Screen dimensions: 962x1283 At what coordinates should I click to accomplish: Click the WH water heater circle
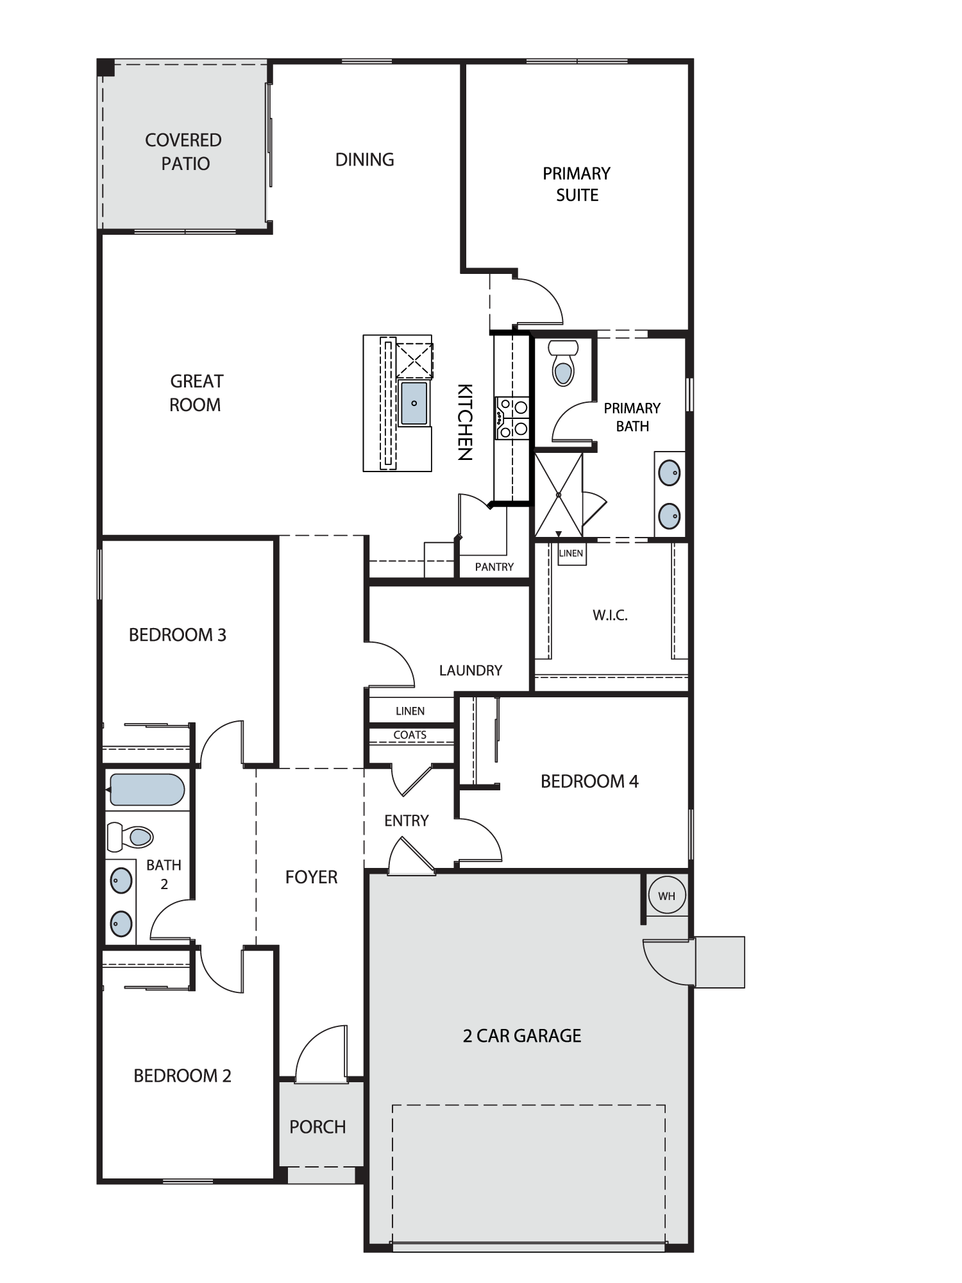[666, 896]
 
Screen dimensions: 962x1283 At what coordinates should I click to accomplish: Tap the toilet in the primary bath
[563, 363]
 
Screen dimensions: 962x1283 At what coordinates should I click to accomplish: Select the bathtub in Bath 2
[148, 790]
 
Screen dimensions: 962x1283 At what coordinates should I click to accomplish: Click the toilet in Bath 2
[130, 836]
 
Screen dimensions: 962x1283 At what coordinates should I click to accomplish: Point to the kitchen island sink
[414, 403]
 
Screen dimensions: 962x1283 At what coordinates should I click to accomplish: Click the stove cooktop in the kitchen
[512, 418]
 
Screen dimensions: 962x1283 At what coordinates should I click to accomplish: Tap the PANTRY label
[494, 567]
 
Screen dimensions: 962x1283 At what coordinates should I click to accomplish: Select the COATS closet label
[410, 735]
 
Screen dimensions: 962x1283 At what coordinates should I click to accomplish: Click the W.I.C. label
[610, 615]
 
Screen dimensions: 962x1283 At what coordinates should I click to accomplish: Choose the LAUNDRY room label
[471, 670]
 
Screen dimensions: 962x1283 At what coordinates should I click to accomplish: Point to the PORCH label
[317, 1127]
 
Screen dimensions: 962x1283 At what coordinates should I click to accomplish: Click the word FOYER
[311, 877]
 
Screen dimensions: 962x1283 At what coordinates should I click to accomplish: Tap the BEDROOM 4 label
[589, 781]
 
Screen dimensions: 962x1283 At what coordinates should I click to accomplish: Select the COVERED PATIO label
[184, 151]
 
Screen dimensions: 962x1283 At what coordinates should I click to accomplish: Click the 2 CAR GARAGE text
[522, 1036]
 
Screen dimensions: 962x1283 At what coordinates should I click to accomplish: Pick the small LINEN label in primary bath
[571, 553]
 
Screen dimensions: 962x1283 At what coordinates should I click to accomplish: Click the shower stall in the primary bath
[559, 495]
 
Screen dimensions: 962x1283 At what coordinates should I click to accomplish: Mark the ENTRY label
[407, 820]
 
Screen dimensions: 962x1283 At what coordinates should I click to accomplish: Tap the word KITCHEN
[464, 422]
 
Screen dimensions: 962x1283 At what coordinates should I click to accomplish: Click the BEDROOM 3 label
[178, 635]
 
